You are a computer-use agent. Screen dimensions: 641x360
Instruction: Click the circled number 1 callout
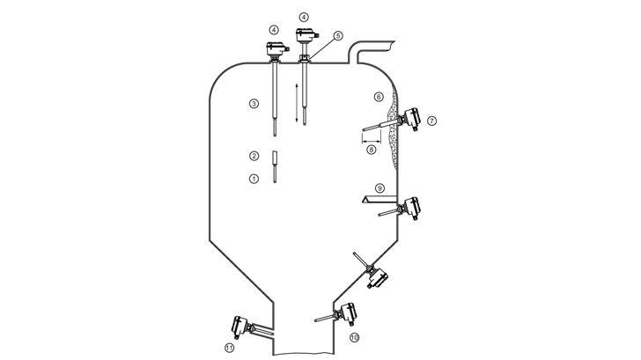tap(254, 179)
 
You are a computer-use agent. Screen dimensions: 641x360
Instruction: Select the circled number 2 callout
tap(254, 156)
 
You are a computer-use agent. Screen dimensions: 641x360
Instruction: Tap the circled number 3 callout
tap(254, 103)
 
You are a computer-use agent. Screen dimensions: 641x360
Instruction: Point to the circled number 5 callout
tap(338, 35)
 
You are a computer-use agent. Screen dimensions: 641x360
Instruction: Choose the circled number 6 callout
tap(379, 97)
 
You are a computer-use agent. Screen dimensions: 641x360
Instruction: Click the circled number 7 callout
tap(431, 121)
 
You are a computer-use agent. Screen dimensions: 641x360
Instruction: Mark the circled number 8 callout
tap(372, 150)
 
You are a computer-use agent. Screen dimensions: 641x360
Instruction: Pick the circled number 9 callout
tap(379, 188)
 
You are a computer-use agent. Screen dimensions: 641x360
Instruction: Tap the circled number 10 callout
tap(354, 337)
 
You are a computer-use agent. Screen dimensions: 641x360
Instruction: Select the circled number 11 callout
tap(230, 348)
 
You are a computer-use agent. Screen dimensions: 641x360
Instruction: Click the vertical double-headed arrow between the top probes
tap(297, 103)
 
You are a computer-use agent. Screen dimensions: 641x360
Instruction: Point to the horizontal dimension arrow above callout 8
tap(372, 140)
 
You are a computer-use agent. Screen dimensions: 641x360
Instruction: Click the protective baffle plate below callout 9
tap(379, 200)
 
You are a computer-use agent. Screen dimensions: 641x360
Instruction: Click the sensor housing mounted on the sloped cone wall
tap(378, 278)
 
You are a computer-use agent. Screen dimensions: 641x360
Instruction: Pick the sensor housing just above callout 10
tap(348, 314)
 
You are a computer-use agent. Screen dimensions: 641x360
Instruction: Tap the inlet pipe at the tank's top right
tap(372, 50)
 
